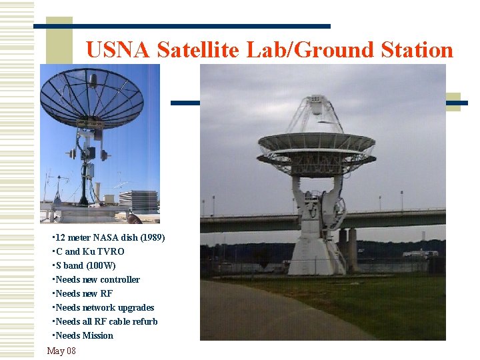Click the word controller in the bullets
[117, 279]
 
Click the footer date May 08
[61, 351]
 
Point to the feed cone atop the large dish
[317, 107]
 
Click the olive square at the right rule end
[453, 101]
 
